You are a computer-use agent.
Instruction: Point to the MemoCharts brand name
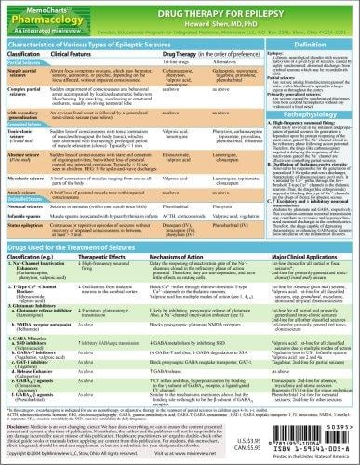tap(33, 7)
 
